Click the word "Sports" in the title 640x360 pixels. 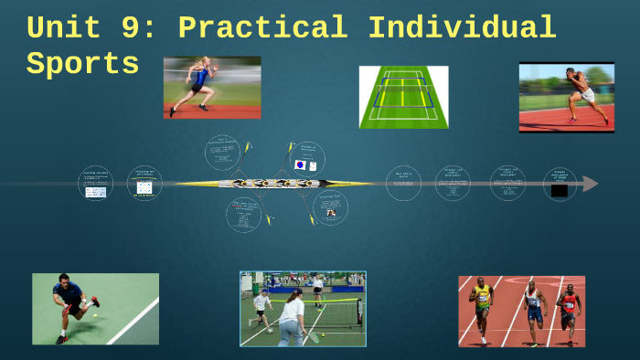tap(83, 64)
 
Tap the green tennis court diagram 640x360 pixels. tap(403, 96)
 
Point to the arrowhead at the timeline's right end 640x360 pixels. tap(591, 184)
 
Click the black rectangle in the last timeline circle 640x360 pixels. tap(559, 190)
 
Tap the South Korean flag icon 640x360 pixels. tap(300, 165)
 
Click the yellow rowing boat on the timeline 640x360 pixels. tap(274, 184)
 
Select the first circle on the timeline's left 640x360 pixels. tap(95, 183)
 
